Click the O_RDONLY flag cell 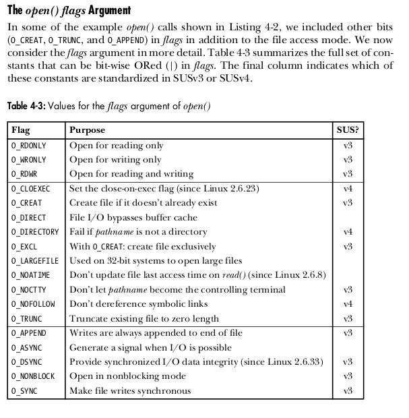(29, 146)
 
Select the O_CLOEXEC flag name (32, 189)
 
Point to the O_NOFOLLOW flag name (33, 304)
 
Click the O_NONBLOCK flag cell (33, 376)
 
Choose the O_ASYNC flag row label (27, 348)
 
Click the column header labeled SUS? (348, 129)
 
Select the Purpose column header (88, 129)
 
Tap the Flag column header (21, 129)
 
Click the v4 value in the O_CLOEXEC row (348, 189)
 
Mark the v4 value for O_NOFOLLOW (348, 304)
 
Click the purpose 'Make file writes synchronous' (130, 391)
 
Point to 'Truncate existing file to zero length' (144, 319)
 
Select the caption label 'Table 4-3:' (26, 106)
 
